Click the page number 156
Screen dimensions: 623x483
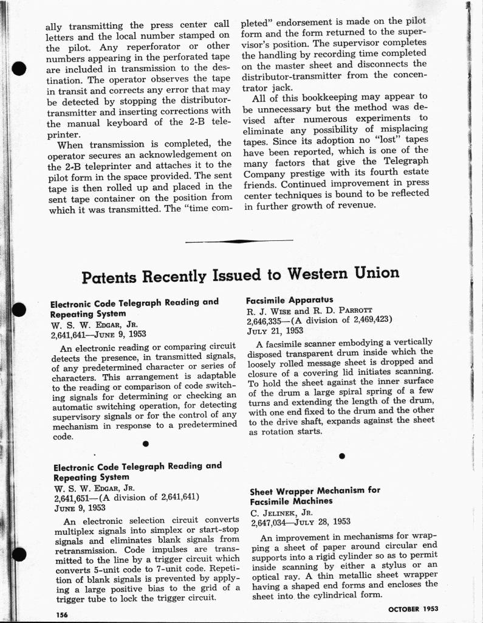point(60,615)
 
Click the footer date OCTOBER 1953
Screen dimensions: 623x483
point(413,608)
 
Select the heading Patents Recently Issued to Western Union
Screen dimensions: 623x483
point(241,275)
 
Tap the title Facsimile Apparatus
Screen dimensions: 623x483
point(281,300)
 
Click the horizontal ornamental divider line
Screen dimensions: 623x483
point(239,242)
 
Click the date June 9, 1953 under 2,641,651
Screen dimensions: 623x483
point(80,507)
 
